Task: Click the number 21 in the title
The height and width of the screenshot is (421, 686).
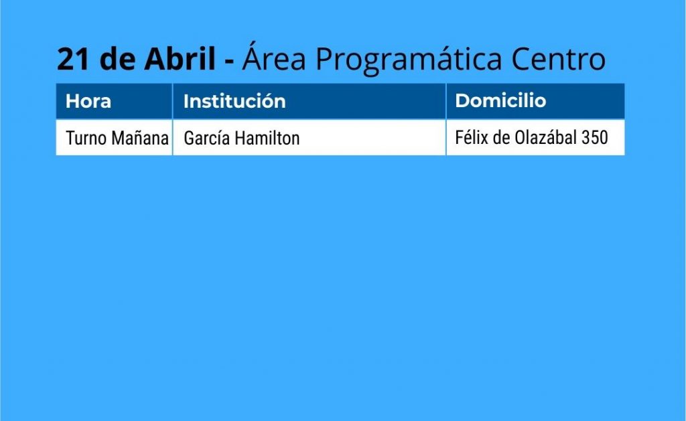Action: click(x=74, y=59)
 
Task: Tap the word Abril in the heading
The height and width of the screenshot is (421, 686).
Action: click(x=180, y=58)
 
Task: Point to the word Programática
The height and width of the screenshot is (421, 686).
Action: click(x=408, y=59)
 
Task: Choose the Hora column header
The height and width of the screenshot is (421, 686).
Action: click(x=88, y=102)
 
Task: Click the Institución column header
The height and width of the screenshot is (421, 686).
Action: click(x=234, y=101)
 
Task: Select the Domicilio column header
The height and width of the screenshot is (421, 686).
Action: click(x=500, y=100)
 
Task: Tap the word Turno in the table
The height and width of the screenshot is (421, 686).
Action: click(x=86, y=138)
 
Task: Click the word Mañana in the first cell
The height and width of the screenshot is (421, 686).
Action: click(x=140, y=138)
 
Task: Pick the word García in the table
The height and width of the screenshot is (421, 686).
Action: click(x=207, y=138)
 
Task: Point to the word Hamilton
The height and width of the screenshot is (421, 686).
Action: click(x=267, y=138)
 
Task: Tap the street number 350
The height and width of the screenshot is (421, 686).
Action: click(x=595, y=137)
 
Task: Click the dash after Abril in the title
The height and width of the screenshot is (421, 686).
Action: click(x=229, y=61)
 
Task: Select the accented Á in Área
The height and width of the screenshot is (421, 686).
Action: click(x=252, y=56)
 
